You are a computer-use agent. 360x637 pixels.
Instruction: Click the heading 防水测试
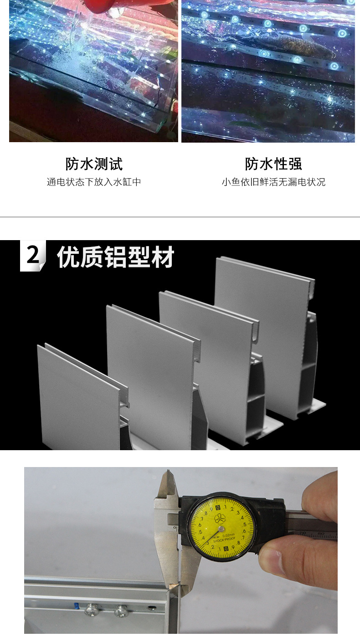coord(94,164)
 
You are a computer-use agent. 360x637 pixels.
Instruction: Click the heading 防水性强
coord(273,164)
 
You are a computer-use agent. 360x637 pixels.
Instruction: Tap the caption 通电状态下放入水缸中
coord(94,182)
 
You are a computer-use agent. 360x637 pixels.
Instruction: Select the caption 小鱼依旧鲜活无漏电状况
coord(273,182)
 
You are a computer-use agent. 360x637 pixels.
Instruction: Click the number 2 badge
coord(32,256)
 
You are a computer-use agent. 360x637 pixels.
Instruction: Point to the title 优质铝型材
coord(115,258)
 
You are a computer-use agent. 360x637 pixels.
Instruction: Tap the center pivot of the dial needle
coord(221,529)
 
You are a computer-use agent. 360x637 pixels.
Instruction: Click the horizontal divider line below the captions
coord(180,217)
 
